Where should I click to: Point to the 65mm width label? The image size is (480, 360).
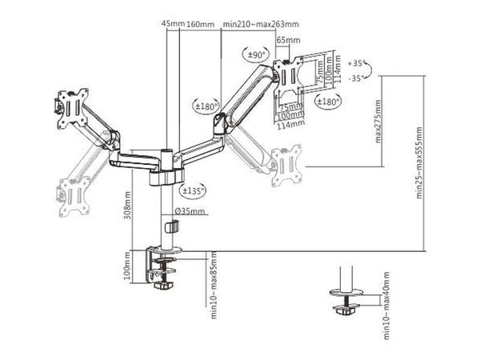click(288, 39)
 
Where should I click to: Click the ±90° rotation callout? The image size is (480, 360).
click(256, 54)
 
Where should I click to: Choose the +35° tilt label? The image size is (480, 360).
click(358, 61)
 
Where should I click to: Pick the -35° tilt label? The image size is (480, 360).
click(358, 78)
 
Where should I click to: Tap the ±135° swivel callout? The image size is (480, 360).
click(190, 190)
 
